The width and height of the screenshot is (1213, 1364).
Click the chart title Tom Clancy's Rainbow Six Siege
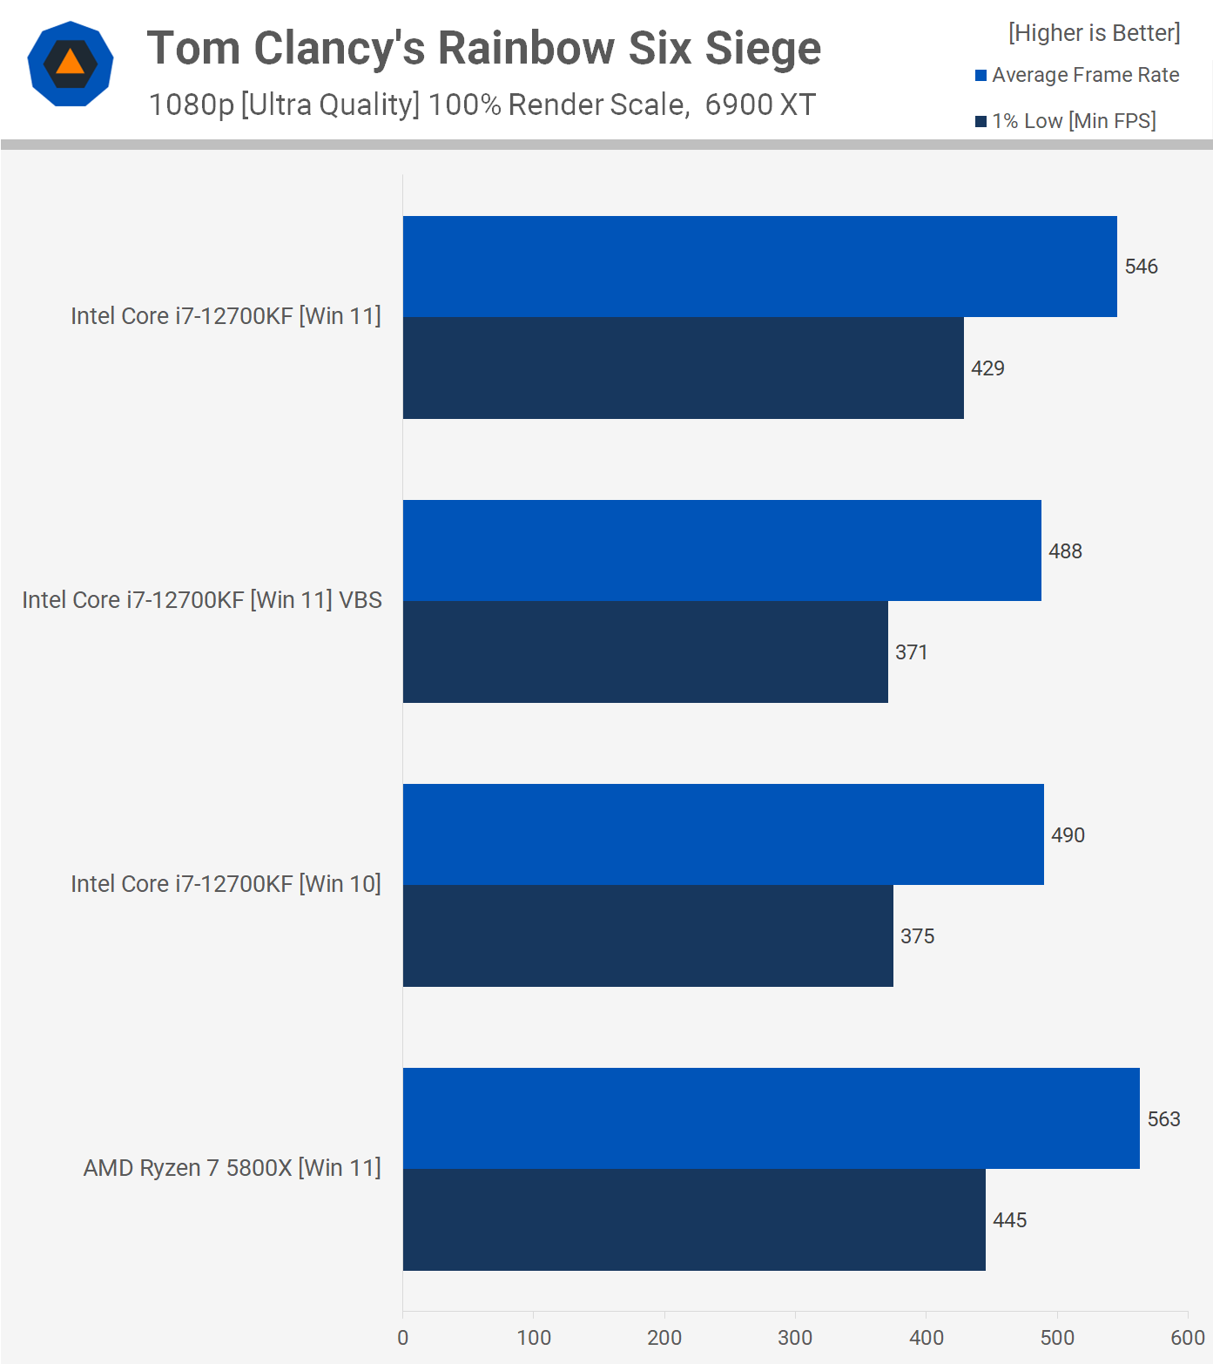coord(483,48)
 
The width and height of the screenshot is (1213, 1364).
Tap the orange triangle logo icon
coord(71,63)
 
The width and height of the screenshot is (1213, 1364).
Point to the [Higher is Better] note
coord(1094,33)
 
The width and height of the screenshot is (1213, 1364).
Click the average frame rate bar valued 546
coord(759,267)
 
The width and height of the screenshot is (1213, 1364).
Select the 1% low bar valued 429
coord(683,368)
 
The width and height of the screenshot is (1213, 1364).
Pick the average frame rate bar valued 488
coord(722,550)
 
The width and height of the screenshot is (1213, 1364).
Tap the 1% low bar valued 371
coord(645,652)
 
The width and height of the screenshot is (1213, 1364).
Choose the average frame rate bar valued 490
coord(723,834)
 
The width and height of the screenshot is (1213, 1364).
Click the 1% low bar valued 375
coord(648,935)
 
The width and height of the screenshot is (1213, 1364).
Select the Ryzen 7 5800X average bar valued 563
coord(771,1118)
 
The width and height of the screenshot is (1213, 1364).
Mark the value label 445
coord(1009,1220)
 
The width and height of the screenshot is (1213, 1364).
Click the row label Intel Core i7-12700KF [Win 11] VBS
coord(202,600)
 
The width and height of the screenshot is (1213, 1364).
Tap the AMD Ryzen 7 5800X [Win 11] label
coord(232,1168)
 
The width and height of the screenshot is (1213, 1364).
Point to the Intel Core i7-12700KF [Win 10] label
coord(226,884)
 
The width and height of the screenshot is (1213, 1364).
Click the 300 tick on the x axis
coord(795,1338)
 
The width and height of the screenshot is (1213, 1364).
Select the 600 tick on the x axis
coord(1187,1338)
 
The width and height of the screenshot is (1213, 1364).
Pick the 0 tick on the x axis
coord(402,1338)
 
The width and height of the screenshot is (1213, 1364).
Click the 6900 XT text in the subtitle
coord(760,105)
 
